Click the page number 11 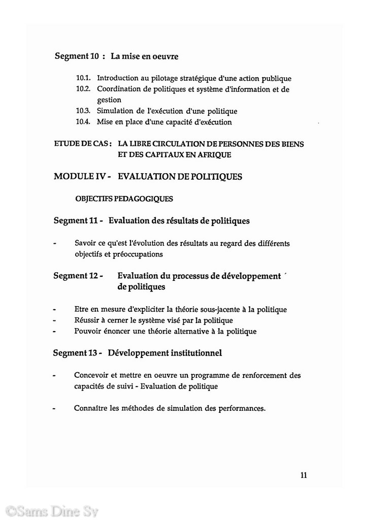point(304,475)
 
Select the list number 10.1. point(83,79)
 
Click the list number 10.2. point(83,89)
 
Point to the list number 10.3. point(83,111)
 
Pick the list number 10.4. point(83,122)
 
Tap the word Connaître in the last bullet point(90,408)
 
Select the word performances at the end point(240,408)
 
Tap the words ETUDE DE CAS point(82,144)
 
